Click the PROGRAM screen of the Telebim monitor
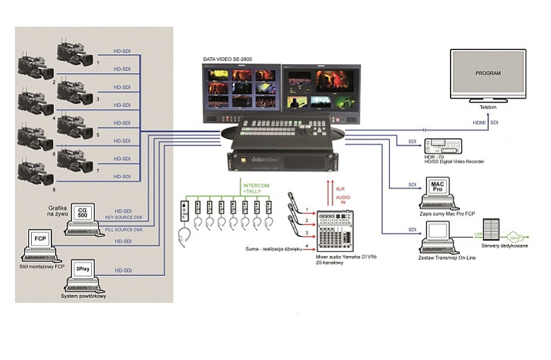coord(488,73)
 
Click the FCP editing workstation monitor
coord(41,241)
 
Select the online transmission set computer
coord(438,236)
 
